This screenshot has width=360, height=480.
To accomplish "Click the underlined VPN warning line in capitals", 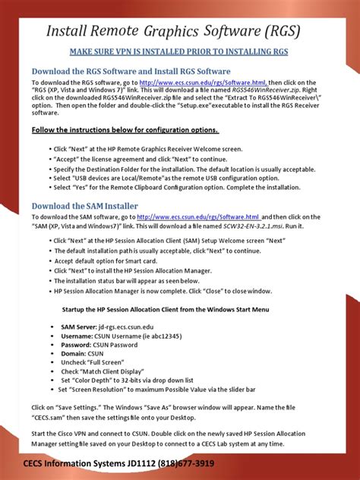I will click(x=180, y=52).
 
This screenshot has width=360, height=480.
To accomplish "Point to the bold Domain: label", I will click(x=74, y=353).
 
